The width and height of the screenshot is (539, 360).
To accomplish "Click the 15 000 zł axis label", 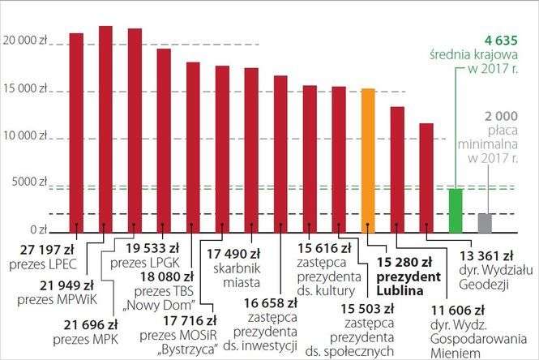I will (x=25, y=88).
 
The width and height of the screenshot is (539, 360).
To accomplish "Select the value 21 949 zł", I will (x=69, y=286).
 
